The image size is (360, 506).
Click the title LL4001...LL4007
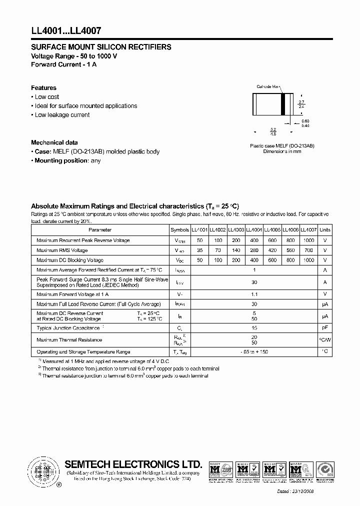(66, 30)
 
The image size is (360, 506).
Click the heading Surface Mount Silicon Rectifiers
(101, 47)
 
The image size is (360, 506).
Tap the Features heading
(43, 88)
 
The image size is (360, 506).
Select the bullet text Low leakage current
(62, 115)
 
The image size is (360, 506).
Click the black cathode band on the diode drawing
(283, 105)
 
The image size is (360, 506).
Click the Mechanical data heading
(54, 142)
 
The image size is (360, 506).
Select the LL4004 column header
(254, 230)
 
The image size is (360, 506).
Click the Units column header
(325, 230)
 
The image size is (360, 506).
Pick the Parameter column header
(100, 230)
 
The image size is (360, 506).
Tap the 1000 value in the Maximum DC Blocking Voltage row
(309, 260)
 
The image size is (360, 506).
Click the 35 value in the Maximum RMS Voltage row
(200, 250)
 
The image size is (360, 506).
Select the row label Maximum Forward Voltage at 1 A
(72, 294)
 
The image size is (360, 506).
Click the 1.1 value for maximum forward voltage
(254, 294)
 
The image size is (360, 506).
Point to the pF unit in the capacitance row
(325, 328)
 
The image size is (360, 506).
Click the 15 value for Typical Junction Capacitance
(254, 328)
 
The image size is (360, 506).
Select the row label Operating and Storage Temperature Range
(83, 352)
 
